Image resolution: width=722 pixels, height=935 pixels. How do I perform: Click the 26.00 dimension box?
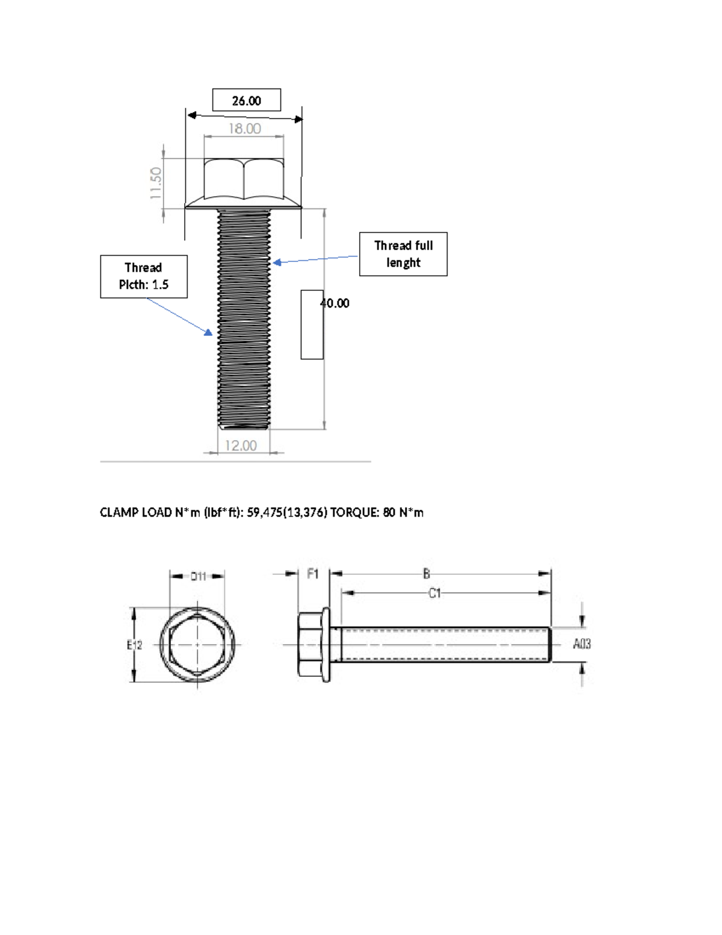tap(247, 101)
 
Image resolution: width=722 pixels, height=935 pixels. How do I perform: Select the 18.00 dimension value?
tap(244, 129)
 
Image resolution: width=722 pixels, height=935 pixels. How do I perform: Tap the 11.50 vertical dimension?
tap(156, 183)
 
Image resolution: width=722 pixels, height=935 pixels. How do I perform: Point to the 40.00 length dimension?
tap(335, 303)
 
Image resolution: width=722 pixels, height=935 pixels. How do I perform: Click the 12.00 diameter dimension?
tap(241, 446)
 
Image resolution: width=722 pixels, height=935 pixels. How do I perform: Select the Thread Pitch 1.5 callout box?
tap(144, 276)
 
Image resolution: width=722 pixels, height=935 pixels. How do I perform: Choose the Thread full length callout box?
tap(403, 254)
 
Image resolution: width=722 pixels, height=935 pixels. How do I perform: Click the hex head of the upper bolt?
tap(244, 178)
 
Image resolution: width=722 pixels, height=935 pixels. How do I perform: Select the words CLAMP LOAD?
tap(135, 512)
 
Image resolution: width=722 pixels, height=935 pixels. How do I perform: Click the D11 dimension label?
tap(198, 576)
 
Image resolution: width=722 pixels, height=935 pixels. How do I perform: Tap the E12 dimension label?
tap(134, 645)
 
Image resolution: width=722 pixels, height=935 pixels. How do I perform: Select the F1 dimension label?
tap(313, 574)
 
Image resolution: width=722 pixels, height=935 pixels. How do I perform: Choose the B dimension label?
tap(426, 574)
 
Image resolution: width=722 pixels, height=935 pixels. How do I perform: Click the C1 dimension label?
tap(434, 593)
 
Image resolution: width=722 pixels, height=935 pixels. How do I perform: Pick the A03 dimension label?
tap(581, 644)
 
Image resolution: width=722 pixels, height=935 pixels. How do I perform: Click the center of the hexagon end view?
tap(197, 645)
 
